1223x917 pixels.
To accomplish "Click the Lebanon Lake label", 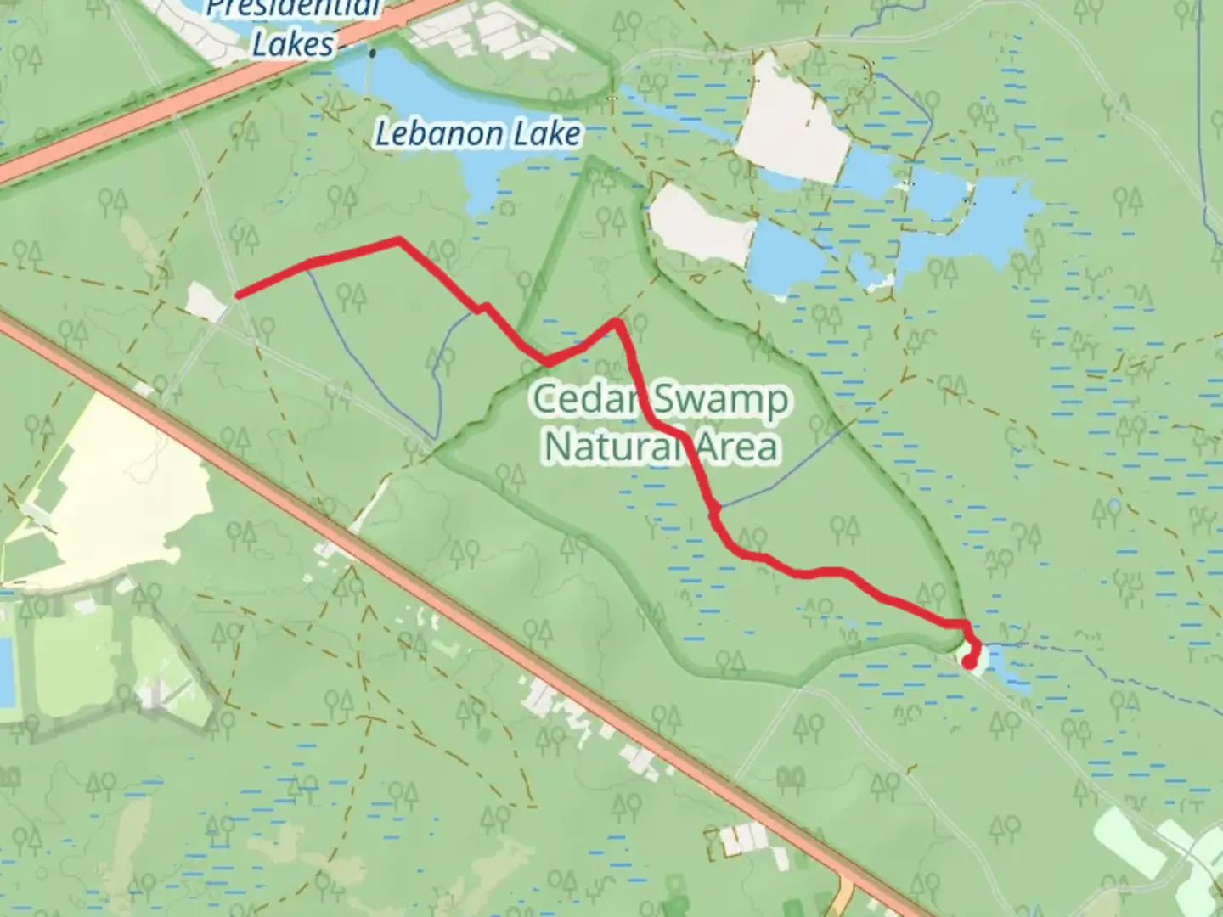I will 478,133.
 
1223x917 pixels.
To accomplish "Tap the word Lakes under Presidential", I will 293,44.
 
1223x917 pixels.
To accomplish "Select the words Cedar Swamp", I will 661,400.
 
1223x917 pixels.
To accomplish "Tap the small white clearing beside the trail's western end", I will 205,301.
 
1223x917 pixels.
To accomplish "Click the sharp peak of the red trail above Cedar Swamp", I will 617,322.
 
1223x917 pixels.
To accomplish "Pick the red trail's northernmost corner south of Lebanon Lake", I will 398,241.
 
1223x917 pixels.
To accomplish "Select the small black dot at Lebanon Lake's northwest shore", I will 372,53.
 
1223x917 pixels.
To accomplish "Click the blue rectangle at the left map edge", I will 6,671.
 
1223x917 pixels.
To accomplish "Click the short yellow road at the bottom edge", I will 844,896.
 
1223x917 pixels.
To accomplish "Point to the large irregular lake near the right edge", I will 977,221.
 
